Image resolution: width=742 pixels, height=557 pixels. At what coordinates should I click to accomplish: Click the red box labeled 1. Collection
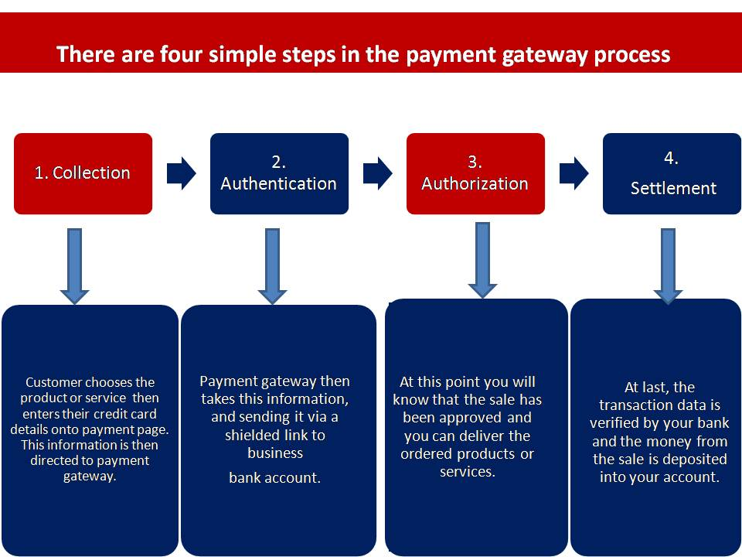[83, 173]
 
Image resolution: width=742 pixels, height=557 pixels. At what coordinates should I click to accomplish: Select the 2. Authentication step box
[279, 173]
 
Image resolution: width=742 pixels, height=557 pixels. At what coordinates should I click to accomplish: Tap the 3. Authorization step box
[475, 173]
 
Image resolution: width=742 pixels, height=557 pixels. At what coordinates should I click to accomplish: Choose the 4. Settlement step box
[672, 173]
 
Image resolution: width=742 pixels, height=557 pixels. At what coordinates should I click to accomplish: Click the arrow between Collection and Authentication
[181, 173]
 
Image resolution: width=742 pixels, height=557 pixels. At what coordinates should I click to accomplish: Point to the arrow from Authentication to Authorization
[378, 173]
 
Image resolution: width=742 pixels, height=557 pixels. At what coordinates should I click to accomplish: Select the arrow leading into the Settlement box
[574, 173]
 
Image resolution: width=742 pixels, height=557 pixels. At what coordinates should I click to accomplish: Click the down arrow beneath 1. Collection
[75, 266]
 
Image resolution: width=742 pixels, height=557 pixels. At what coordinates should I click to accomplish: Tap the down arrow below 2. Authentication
[272, 266]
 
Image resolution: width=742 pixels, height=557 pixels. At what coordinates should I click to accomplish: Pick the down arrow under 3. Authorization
[482, 261]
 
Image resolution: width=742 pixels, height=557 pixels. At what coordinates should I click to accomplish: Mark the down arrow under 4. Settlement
[668, 266]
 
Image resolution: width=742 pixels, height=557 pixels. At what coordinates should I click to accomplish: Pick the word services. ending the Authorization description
[468, 472]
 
